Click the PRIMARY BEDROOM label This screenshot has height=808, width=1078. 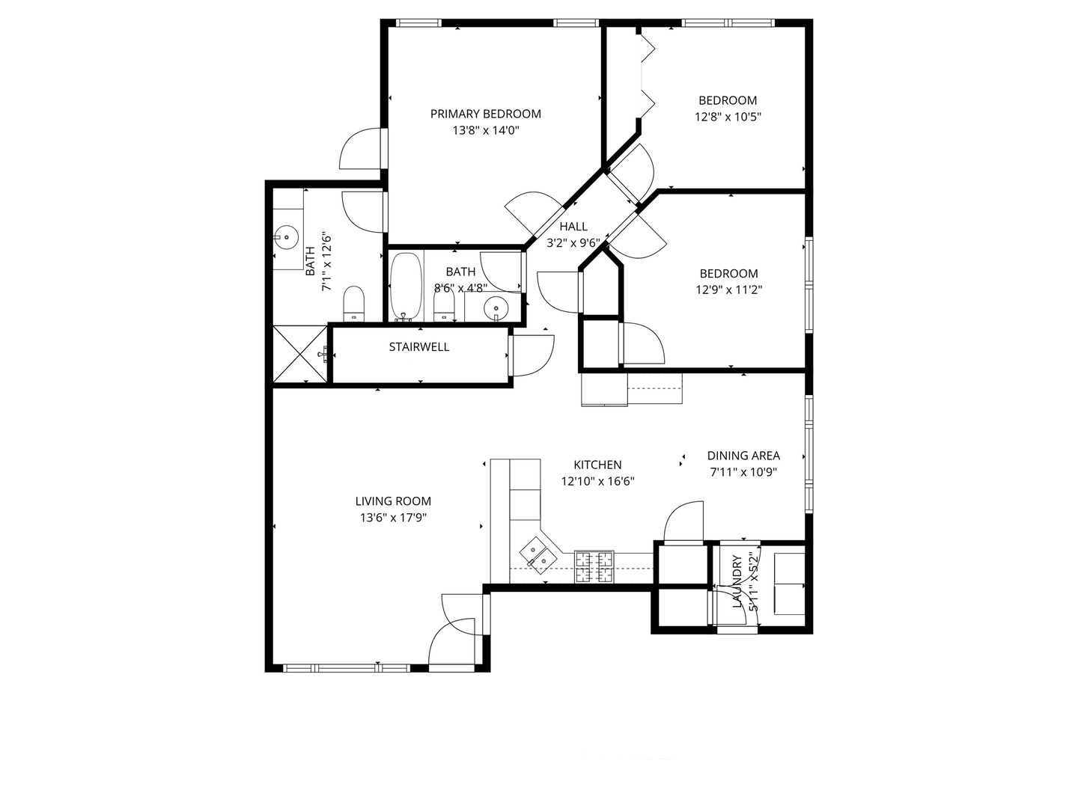pyautogui.click(x=485, y=114)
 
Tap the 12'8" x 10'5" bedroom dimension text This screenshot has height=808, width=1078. pyautogui.click(x=728, y=117)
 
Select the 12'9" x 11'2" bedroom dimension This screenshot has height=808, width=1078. pyautogui.click(x=728, y=290)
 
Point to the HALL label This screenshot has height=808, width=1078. pyautogui.click(x=573, y=227)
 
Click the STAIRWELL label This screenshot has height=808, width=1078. pyautogui.click(x=419, y=347)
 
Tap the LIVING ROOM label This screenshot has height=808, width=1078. pyautogui.click(x=393, y=501)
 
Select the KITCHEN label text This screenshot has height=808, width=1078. pyautogui.click(x=597, y=465)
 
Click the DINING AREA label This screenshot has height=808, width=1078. pyautogui.click(x=743, y=456)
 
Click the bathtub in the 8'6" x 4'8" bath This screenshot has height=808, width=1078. pyautogui.click(x=405, y=287)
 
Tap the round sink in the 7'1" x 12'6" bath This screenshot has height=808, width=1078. pyautogui.click(x=286, y=238)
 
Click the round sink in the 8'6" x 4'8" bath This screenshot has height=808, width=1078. pyautogui.click(x=495, y=307)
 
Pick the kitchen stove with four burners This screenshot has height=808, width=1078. pyautogui.click(x=594, y=566)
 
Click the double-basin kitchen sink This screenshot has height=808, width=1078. pyautogui.click(x=538, y=554)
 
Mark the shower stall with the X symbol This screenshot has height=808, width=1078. pyautogui.click(x=299, y=354)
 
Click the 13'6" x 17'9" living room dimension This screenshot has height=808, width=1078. pyautogui.click(x=393, y=518)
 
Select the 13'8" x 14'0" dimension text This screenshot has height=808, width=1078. pyautogui.click(x=485, y=130)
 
